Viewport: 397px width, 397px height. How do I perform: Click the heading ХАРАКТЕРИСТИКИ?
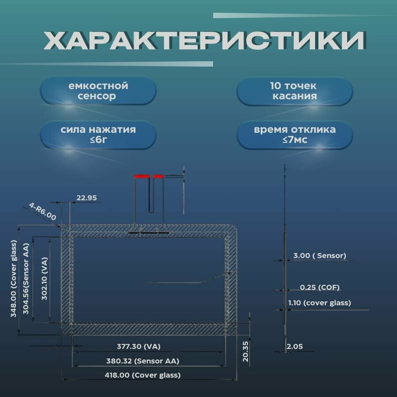(x=204, y=41)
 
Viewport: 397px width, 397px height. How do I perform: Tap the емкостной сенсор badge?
(x=98, y=91)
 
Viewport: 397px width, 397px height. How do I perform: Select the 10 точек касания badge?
(x=295, y=91)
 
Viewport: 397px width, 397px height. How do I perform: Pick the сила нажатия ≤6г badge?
(x=98, y=135)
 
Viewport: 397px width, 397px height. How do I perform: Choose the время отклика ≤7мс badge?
(x=295, y=135)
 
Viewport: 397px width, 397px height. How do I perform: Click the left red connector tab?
(x=142, y=176)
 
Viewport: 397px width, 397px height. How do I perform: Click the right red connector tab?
(x=158, y=176)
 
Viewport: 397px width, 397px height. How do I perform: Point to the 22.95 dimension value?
(x=86, y=198)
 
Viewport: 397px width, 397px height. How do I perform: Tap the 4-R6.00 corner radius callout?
(x=43, y=211)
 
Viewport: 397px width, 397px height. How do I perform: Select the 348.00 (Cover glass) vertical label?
(x=14, y=279)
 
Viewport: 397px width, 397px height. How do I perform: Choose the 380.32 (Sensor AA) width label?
(x=142, y=361)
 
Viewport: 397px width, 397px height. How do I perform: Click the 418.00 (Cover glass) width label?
(x=143, y=375)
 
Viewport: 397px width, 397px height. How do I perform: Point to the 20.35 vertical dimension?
(x=246, y=351)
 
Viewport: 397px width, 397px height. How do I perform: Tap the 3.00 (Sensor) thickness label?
(x=319, y=256)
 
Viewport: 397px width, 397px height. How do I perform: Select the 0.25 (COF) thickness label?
(x=319, y=288)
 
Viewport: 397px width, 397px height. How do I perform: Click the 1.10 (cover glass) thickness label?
(x=319, y=303)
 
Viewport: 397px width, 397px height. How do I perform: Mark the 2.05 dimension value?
(x=295, y=347)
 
